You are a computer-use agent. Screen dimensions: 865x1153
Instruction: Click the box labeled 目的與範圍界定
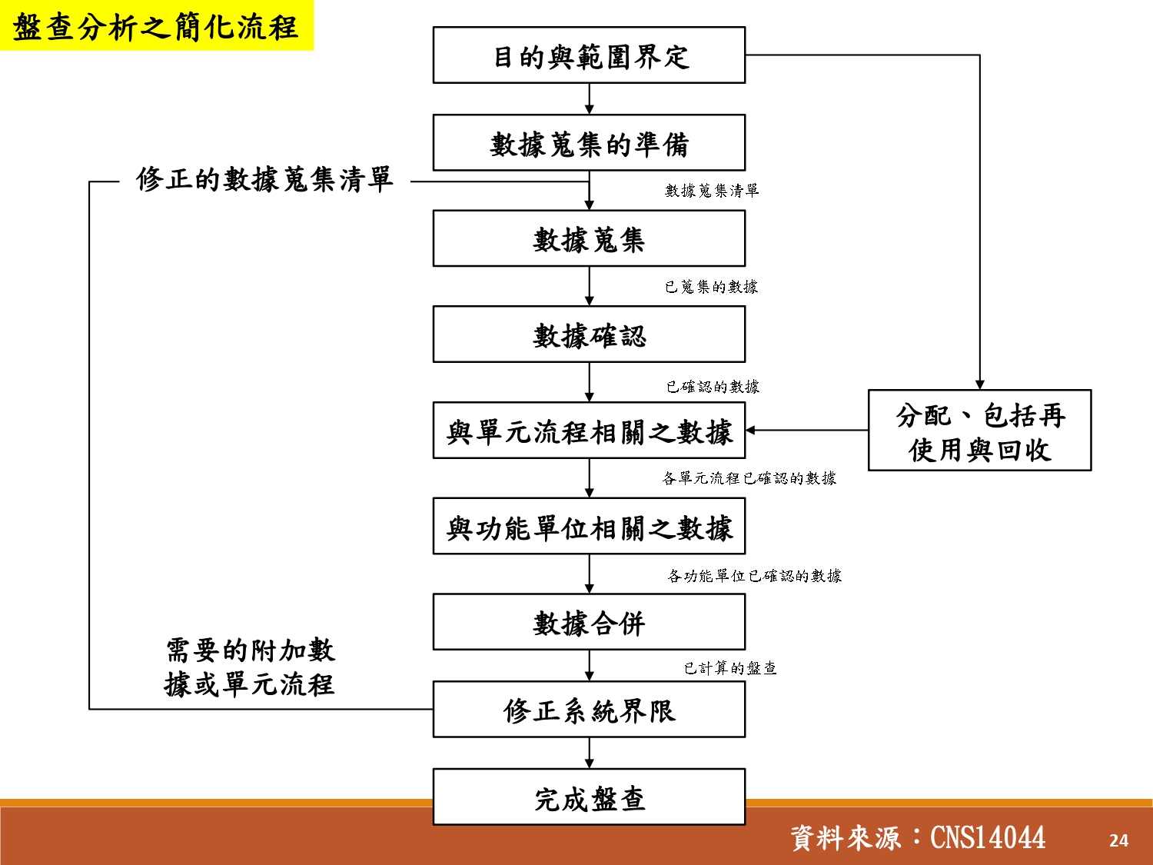click(589, 55)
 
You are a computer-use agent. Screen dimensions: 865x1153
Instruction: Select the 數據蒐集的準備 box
click(589, 143)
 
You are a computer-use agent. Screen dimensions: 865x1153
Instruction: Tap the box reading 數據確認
click(589, 334)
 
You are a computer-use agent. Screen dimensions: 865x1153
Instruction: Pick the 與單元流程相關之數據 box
click(589, 431)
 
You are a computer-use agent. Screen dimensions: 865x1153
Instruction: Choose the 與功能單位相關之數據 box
click(589, 527)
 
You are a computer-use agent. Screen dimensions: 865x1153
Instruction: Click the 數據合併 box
click(589, 622)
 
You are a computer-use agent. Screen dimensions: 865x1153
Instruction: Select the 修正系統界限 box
click(589, 710)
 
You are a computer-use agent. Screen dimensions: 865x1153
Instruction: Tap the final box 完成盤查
click(589, 797)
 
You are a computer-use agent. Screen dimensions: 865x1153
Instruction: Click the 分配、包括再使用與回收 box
click(979, 431)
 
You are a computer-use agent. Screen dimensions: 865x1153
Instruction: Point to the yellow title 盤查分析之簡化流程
click(156, 26)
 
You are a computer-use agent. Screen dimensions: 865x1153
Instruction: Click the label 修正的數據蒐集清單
click(264, 180)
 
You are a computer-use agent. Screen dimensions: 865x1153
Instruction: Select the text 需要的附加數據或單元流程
click(250, 667)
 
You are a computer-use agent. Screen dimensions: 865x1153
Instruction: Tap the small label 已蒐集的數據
click(711, 287)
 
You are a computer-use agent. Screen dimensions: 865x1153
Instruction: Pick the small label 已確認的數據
click(713, 386)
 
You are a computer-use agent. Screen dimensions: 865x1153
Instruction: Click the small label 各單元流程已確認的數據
click(749, 478)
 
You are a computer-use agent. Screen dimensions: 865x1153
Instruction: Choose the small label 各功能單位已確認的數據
click(754, 576)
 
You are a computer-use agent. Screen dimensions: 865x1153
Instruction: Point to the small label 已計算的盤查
click(730, 668)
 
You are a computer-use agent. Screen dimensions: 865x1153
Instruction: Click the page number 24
click(1118, 840)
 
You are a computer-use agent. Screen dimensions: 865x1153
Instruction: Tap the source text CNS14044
click(987, 837)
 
